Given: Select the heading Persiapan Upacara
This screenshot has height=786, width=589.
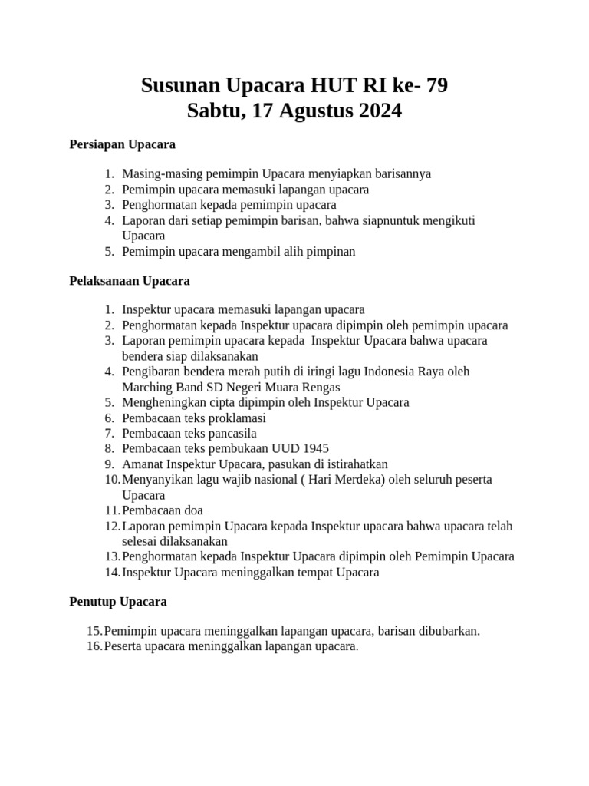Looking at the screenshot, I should [x=122, y=144].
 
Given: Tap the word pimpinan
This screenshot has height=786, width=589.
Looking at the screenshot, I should [x=331, y=251].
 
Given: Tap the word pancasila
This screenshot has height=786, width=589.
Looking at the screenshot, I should [x=228, y=433].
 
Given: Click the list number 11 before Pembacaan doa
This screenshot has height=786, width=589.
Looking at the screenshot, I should [x=112, y=510].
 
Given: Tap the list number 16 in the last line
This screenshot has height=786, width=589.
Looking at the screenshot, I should [x=94, y=646].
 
